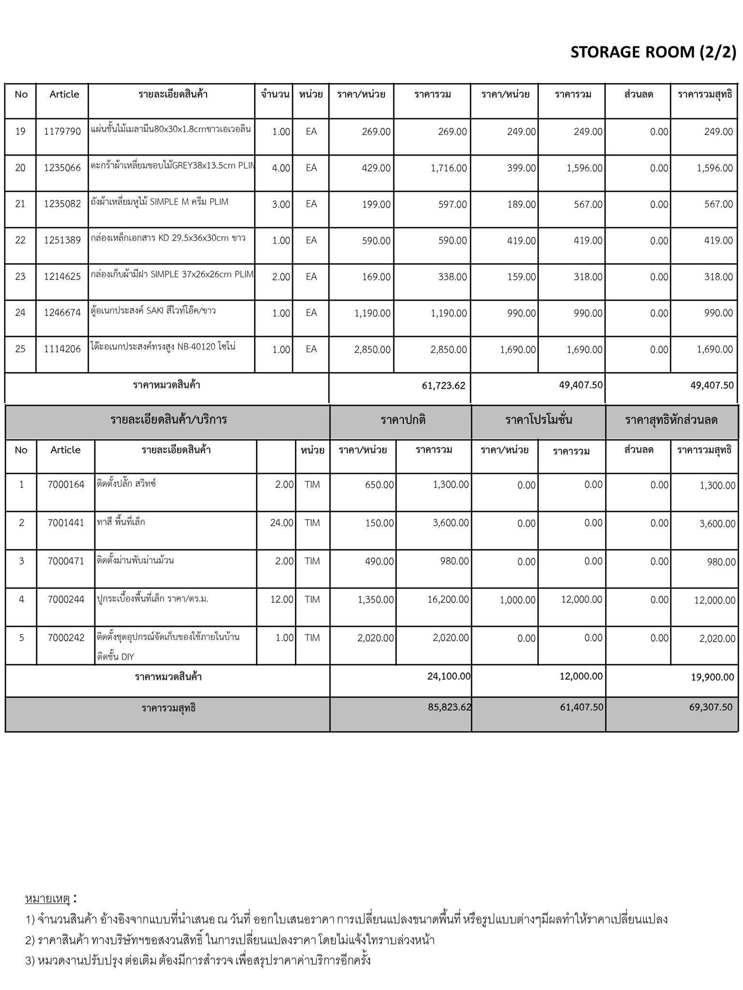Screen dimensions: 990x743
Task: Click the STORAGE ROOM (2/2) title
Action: click(x=653, y=52)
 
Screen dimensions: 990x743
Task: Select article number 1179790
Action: click(x=62, y=131)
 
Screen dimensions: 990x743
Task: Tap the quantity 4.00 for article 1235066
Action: click(x=281, y=168)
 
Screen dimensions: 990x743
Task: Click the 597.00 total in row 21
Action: click(x=453, y=204)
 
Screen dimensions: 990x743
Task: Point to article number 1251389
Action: click(x=62, y=240)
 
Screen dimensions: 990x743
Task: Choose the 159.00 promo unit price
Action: click(x=521, y=277)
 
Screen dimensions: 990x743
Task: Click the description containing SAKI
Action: click(x=153, y=310)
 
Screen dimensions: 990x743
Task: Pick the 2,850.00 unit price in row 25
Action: click(x=372, y=349)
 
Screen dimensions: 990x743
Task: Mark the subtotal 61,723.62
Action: click(x=444, y=385)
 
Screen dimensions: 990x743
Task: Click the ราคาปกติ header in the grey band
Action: click(x=403, y=420)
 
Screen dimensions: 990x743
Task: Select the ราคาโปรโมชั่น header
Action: click(x=538, y=420)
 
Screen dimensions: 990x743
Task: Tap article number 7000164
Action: click(x=66, y=484)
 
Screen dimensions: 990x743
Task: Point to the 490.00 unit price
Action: click(x=379, y=561)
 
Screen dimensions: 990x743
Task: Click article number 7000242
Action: click(x=66, y=638)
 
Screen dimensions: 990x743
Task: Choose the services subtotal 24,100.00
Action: click(x=449, y=676)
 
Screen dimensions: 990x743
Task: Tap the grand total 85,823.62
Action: click(x=449, y=707)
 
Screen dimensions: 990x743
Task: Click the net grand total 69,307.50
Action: click(x=711, y=707)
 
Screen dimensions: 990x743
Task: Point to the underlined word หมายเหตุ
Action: click(x=47, y=899)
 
